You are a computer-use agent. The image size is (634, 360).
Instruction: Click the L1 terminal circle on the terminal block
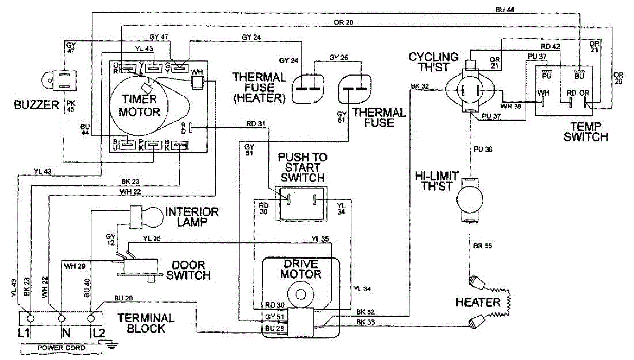click(x=30, y=319)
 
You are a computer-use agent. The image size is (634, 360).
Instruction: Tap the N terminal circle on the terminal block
click(x=61, y=319)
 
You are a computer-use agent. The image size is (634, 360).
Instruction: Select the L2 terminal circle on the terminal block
click(x=90, y=319)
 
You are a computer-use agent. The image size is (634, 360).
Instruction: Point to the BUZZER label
click(x=36, y=105)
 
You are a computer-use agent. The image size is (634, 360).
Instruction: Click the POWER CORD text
click(x=61, y=348)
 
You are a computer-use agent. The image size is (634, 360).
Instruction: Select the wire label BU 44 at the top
click(x=505, y=10)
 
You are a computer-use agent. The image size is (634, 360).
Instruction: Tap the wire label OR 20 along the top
click(x=343, y=22)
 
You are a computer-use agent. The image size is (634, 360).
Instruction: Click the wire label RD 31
click(x=256, y=124)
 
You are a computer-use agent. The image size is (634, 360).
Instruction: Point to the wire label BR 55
click(x=482, y=246)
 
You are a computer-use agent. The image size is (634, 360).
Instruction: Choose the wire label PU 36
click(x=483, y=149)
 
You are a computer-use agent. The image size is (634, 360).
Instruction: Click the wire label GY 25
click(x=339, y=57)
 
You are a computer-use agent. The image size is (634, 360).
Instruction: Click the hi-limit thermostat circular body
click(x=470, y=199)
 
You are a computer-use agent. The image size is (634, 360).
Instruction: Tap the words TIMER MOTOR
click(x=139, y=105)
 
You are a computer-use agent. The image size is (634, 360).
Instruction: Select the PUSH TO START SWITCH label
click(x=303, y=168)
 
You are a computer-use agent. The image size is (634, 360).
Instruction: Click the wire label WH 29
click(x=74, y=266)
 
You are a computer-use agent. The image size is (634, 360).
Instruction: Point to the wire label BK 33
click(x=366, y=322)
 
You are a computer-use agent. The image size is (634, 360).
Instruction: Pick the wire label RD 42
click(x=550, y=46)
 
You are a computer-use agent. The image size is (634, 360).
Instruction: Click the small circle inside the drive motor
click(x=300, y=294)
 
